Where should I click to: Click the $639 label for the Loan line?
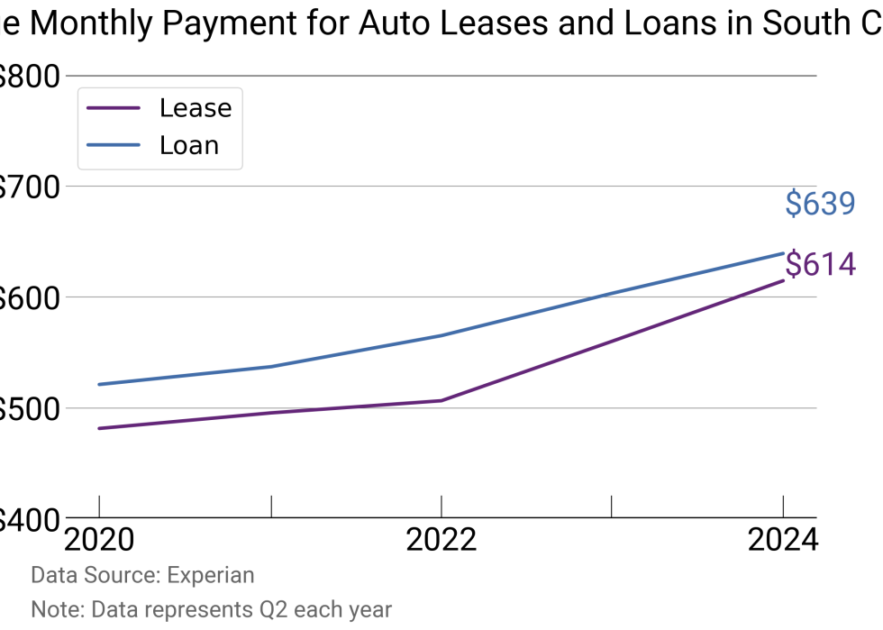coord(820,205)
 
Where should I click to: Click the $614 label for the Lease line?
coord(820,265)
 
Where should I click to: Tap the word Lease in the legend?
coord(196,108)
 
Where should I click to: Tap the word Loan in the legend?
coord(189,145)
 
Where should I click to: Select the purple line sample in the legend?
coord(114,108)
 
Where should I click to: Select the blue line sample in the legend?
coord(114,145)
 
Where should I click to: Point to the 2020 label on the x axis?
coord(99,540)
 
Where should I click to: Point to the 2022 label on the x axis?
coord(441,540)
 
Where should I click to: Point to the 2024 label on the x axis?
coord(782,540)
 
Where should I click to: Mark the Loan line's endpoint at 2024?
coord(783,253)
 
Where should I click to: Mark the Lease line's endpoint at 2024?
coord(783,280)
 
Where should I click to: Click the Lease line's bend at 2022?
coord(441,400)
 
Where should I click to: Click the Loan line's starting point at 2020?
coord(99,384)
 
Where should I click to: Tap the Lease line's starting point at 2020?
coord(99,428)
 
